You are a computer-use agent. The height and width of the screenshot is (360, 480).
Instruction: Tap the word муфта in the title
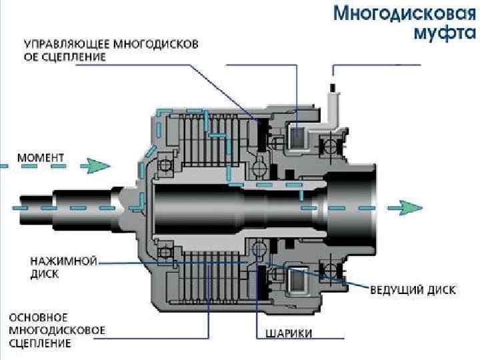(x=436, y=33)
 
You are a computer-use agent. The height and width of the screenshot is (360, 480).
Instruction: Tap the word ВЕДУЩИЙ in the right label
(x=395, y=290)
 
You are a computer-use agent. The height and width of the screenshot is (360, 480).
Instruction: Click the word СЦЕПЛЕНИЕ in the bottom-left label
(x=41, y=343)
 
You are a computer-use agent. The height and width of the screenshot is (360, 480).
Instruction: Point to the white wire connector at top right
(x=333, y=100)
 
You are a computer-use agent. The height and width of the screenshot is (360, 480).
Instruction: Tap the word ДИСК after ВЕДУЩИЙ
(x=441, y=290)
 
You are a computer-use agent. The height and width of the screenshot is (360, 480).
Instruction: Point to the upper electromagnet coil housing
(x=298, y=137)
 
